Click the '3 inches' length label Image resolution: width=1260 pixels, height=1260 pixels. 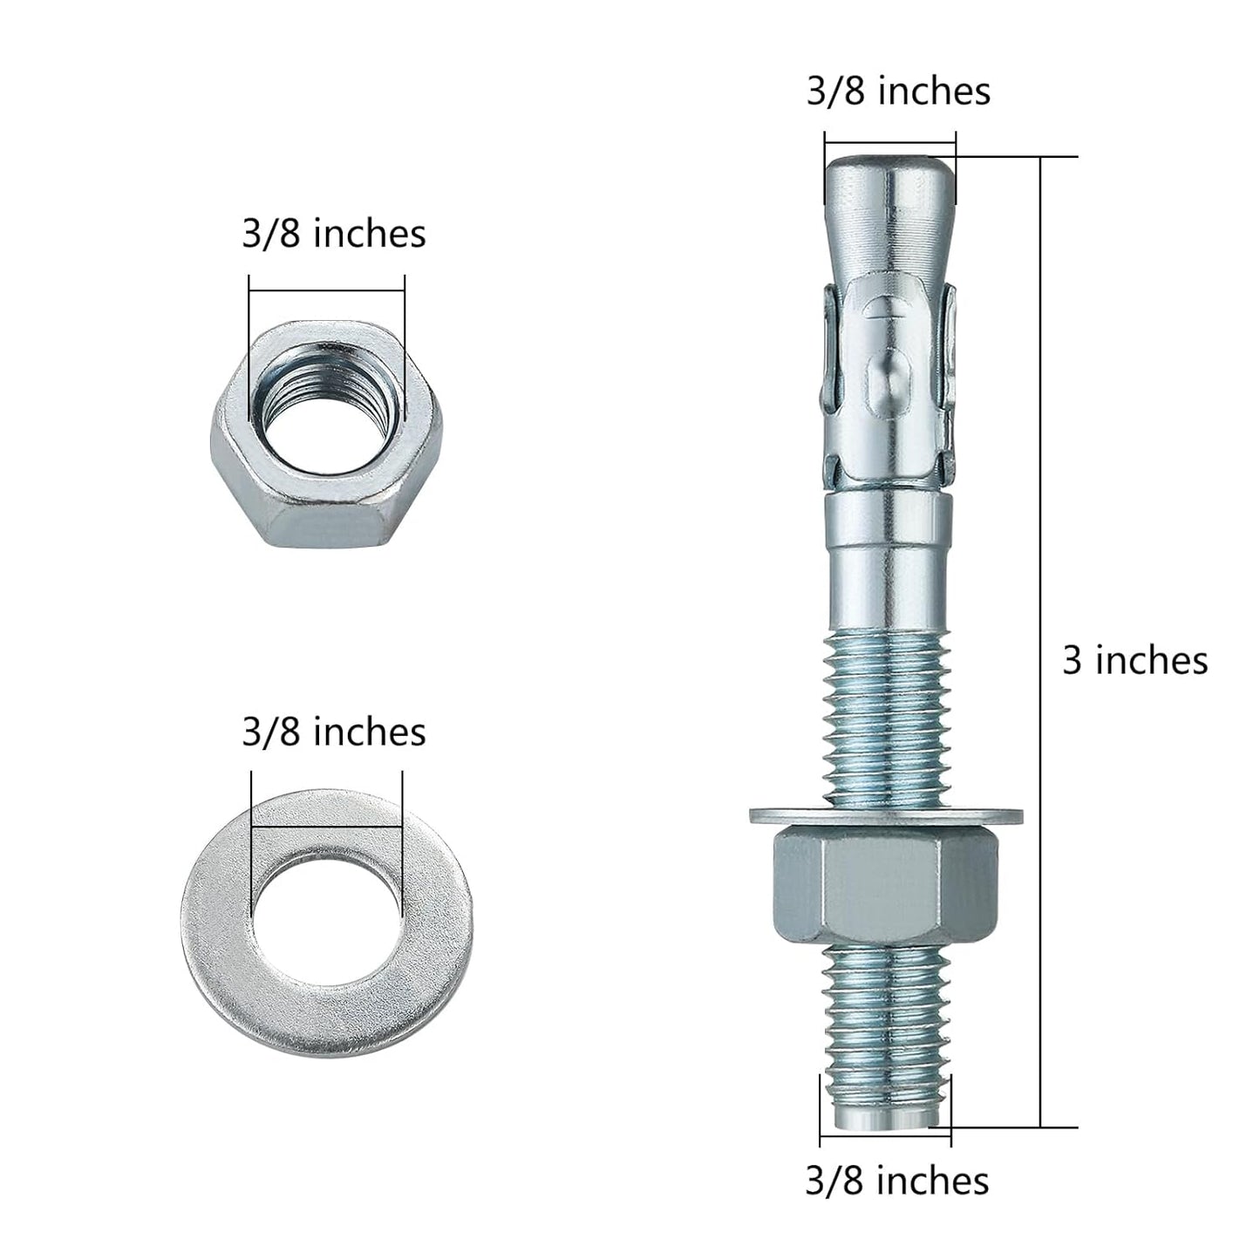[x=1134, y=660]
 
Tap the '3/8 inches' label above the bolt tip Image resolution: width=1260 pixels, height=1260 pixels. [x=897, y=92]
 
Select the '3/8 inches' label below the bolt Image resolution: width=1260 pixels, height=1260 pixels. [x=896, y=1181]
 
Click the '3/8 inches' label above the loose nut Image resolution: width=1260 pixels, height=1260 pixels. [x=334, y=234]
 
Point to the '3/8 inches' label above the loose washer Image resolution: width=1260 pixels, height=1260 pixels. [x=334, y=732]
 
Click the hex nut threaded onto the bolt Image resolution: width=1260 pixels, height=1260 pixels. [x=885, y=887]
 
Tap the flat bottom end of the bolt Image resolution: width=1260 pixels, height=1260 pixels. [x=885, y=1120]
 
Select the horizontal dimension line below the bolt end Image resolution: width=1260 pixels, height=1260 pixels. [x=885, y=1140]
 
